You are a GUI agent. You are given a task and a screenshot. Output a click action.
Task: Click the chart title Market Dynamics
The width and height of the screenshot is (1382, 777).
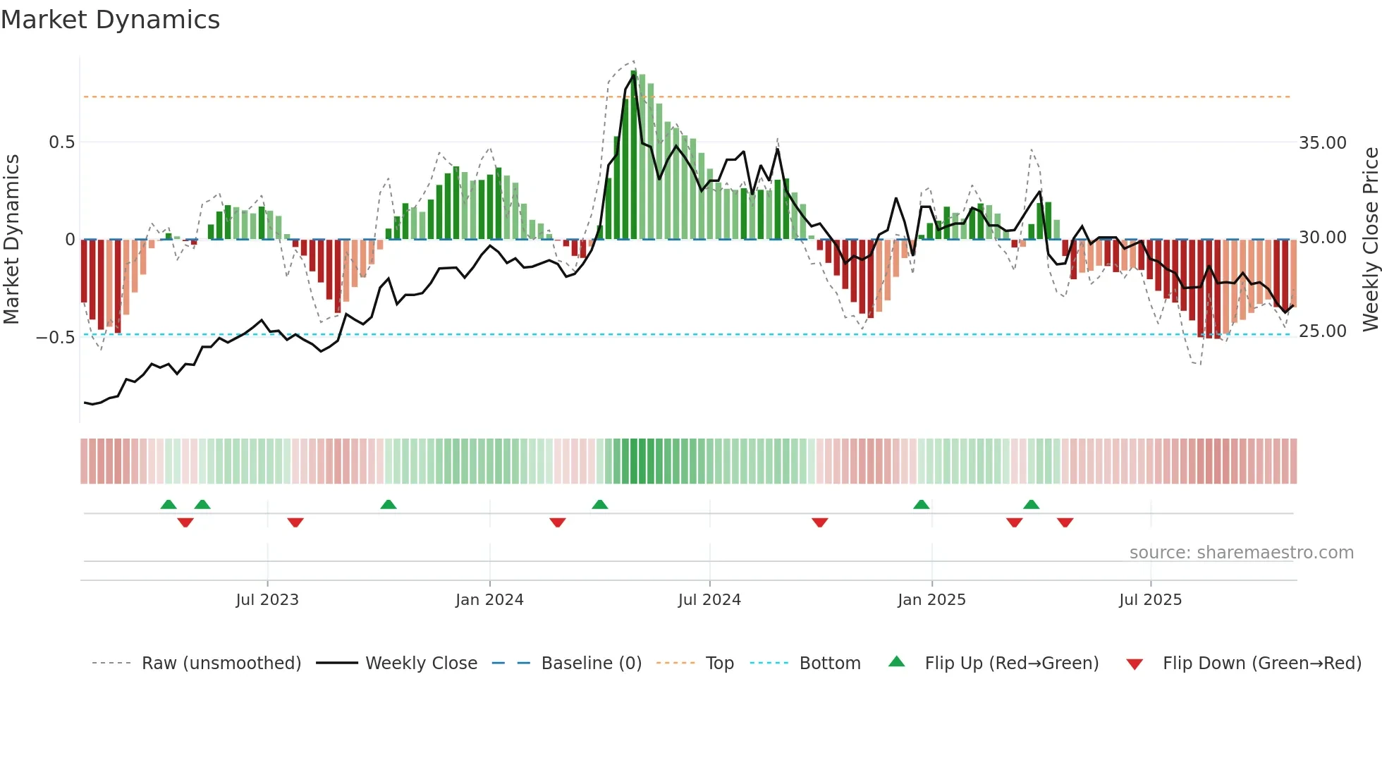110,20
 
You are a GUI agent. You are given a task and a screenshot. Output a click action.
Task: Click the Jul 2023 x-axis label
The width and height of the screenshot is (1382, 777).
267,600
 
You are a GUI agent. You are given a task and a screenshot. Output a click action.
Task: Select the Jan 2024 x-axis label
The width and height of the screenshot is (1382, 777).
489,600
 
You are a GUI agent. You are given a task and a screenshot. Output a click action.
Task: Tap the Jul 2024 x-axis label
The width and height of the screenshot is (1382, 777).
709,600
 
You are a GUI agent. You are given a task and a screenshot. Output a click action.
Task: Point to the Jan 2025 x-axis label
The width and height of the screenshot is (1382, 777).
931,600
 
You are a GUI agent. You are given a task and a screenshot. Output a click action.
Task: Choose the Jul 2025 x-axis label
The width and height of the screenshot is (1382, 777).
1150,600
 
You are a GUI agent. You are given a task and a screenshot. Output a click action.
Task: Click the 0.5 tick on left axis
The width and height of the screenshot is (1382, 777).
61,142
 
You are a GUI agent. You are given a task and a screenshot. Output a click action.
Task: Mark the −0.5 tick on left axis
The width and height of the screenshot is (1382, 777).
56,337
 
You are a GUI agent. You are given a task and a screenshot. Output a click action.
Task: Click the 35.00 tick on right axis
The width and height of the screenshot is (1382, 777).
1323,143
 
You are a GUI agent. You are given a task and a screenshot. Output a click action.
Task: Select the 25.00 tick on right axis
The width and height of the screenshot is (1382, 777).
1323,331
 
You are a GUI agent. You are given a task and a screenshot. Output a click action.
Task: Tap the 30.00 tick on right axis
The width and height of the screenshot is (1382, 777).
1323,238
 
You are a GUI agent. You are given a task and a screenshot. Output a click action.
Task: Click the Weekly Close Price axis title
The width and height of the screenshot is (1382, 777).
1370,239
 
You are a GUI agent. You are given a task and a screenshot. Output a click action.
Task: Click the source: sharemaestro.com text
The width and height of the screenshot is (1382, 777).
1241,553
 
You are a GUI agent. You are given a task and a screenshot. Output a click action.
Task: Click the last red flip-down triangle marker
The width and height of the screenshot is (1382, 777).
1065,522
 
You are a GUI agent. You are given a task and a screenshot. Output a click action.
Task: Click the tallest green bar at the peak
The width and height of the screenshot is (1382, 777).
634,155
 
